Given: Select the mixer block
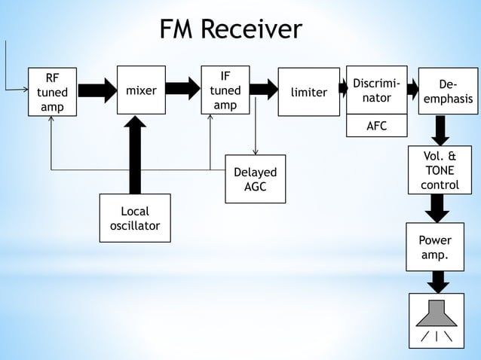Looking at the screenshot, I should point(141,90).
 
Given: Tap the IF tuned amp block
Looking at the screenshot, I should point(225,90).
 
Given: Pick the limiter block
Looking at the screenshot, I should point(308,92).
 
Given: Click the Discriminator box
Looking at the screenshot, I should point(376,90).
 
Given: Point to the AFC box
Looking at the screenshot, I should point(376,126).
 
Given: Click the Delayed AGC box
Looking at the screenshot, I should point(255,178).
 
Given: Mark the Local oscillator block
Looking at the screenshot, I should point(135,218).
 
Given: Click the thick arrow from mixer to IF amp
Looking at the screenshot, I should point(182,90).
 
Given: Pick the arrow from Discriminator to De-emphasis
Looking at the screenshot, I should point(412,90).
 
